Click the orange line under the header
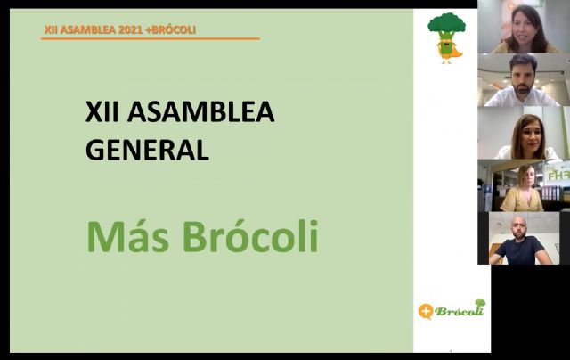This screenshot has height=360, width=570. point(151,38)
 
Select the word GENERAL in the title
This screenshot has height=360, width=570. point(147,148)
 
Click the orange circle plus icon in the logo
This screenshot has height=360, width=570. point(427,311)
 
